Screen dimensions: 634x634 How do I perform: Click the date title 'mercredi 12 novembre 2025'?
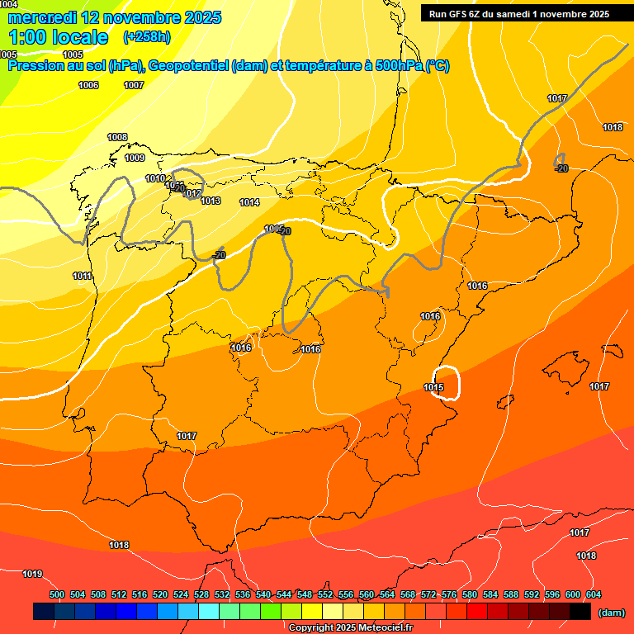point(114,17)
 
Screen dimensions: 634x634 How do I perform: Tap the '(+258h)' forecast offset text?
point(147,36)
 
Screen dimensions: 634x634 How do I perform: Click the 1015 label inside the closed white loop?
point(434,387)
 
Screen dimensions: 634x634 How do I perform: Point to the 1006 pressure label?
point(88,86)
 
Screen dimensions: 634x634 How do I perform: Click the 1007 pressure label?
point(134,86)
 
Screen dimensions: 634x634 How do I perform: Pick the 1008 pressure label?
point(117,137)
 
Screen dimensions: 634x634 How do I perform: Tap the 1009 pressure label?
point(135,158)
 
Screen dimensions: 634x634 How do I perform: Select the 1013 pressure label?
point(211,201)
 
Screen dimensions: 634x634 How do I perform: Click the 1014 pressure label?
point(249,202)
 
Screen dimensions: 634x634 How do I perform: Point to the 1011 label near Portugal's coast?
point(82,276)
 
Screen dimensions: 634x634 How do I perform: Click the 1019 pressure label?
point(32,574)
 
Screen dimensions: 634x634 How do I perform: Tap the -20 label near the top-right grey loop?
point(562,168)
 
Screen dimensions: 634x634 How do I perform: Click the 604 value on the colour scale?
point(594,594)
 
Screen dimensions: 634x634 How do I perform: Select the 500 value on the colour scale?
point(57,594)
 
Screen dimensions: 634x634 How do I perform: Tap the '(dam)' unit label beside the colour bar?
point(611,613)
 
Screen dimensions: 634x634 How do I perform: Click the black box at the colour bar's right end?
point(580,611)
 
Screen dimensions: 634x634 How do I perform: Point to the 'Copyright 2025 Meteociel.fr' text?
point(350,627)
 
